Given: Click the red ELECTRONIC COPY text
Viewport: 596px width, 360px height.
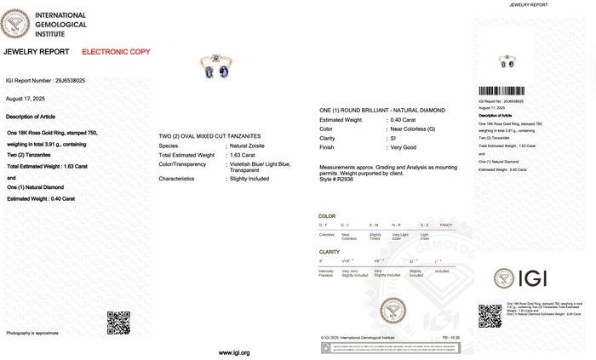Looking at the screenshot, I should pos(116,52).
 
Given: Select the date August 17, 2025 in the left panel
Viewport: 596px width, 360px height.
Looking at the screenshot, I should pos(24,99).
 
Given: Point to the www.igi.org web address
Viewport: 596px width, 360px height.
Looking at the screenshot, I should pos(234,351).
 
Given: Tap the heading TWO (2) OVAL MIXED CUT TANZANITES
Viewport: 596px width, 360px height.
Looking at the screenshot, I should pos(211,136).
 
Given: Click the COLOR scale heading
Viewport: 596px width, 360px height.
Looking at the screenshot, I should pos(327,217).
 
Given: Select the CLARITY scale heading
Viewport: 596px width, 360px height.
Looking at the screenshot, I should pos(329,252).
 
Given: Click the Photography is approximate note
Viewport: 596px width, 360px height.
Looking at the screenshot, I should pos(32,332).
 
